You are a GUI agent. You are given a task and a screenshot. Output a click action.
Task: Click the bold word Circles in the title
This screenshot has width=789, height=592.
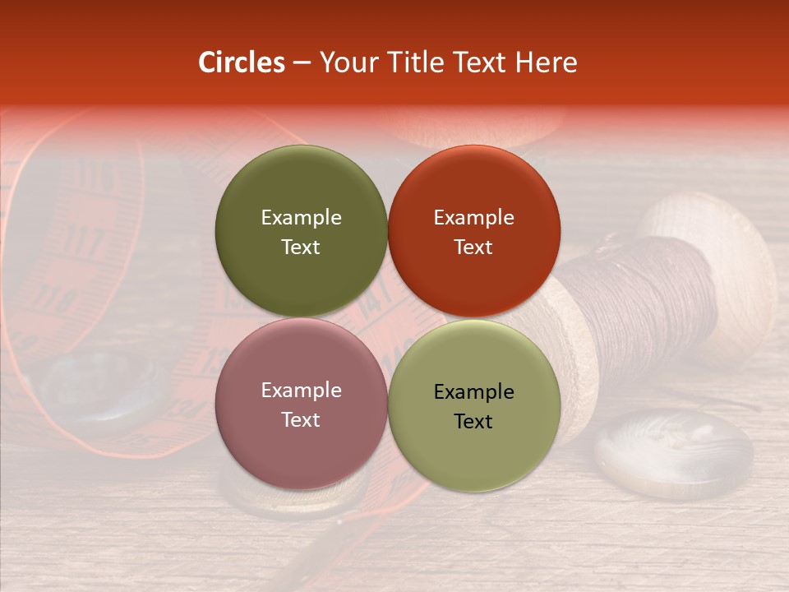pyautogui.click(x=242, y=62)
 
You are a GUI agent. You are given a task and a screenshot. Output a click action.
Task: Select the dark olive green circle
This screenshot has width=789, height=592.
pyautogui.click(x=301, y=231)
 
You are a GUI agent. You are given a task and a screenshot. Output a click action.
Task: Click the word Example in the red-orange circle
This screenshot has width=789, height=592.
pyautogui.click(x=474, y=218)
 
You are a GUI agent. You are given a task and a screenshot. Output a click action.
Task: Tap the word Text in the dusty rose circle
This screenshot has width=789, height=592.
pyautogui.click(x=301, y=419)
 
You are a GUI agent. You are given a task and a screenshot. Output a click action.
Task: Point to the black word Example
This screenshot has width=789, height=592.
pyautogui.click(x=474, y=392)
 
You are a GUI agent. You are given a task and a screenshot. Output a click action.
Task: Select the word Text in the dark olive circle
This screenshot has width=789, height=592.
pyautogui.click(x=301, y=247)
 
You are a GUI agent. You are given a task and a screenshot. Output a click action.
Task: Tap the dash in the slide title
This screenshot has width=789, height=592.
pyautogui.click(x=302, y=63)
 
